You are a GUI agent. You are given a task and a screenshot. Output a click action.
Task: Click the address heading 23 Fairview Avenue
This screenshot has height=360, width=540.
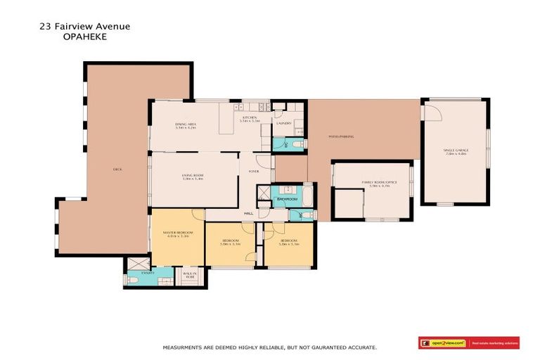click(x=84, y=27)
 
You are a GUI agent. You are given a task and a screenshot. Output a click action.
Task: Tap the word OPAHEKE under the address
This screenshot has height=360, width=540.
click(x=84, y=37)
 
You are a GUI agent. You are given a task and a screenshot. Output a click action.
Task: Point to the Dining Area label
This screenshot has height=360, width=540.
click(x=186, y=127)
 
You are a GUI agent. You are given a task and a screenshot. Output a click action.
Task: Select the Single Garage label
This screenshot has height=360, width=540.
click(x=455, y=151)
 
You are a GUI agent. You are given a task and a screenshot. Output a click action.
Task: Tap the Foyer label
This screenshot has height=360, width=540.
click(x=253, y=172)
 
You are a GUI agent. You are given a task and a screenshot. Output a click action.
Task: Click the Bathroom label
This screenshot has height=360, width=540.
click(x=287, y=200)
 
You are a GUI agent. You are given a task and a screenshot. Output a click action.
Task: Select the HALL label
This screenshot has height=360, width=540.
click(x=248, y=214)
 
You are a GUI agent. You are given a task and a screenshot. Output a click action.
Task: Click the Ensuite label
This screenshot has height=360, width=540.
click(x=147, y=272)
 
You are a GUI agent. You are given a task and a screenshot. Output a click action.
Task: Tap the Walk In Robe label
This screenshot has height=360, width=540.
click(x=190, y=276)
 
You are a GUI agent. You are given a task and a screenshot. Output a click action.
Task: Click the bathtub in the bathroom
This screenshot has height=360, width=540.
click(x=307, y=195)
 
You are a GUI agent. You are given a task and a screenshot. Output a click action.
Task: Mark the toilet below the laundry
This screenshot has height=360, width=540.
click(x=297, y=143)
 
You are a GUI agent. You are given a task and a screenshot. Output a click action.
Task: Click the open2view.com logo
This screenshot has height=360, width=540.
click(x=444, y=343)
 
